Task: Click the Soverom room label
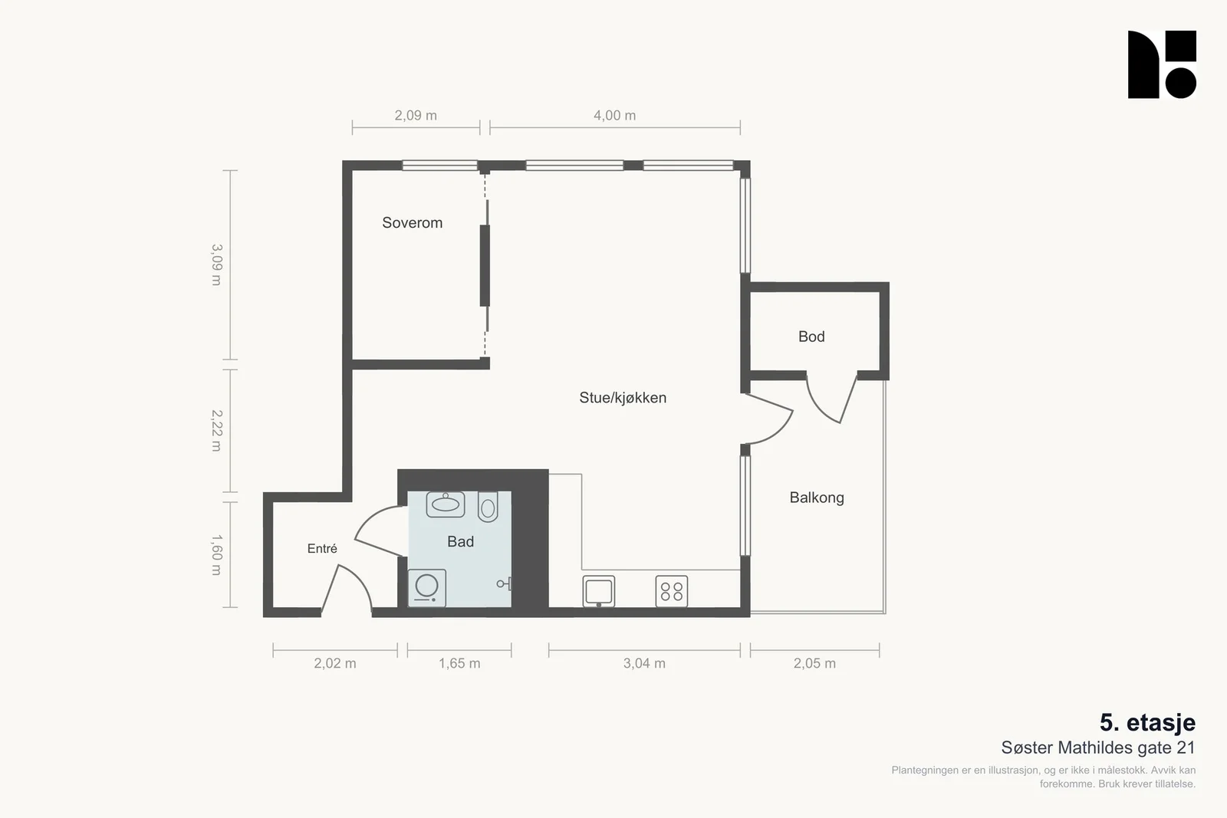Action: click(x=412, y=223)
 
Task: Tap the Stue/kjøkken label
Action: click(x=623, y=398)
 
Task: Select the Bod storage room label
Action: click(x=811, y=337)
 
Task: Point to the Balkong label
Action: click(x=817, y=498)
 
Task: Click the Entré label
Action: click(x=322, y=548)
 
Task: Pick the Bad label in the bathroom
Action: click(x=460, y=541)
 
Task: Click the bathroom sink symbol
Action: click(x=446, y=504)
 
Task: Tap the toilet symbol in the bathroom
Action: click(x=488, y=507)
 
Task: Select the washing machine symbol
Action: click(x=426, y=588)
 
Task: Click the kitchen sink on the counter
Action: click(x=599, y=591)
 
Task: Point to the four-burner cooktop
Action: click(x=672, y=591)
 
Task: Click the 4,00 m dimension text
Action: click(x=614, y=116)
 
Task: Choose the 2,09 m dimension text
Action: click(x=416, y=116)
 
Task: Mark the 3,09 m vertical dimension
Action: click(x=217, y=265)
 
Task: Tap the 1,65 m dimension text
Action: click(x=459, y=664)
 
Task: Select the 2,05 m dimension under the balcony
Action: click(x=814, y=664)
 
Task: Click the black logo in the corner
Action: click(x=1162, y=64)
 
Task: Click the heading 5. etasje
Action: click(x=1147, y=723)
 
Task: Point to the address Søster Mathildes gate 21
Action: click(x=1098, y=747)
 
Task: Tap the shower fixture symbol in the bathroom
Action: click(x=505, y=583)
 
